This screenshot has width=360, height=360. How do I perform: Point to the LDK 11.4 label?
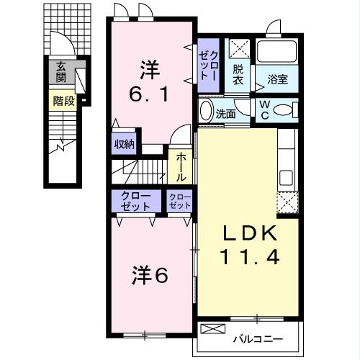coord(248,246)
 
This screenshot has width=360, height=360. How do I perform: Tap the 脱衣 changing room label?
coord(238,75)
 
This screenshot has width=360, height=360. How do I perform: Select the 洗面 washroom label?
coord(225,112)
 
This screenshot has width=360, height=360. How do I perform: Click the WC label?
coord(265,110)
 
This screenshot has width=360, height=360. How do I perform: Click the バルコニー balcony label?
coord(256,338)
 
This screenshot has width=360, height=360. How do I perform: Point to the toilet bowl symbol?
coord(284,110)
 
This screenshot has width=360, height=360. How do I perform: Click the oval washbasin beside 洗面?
coord(206,112)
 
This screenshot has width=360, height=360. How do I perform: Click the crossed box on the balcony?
coord(213,330)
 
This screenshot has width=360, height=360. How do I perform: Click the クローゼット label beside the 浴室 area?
coord(207,66)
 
